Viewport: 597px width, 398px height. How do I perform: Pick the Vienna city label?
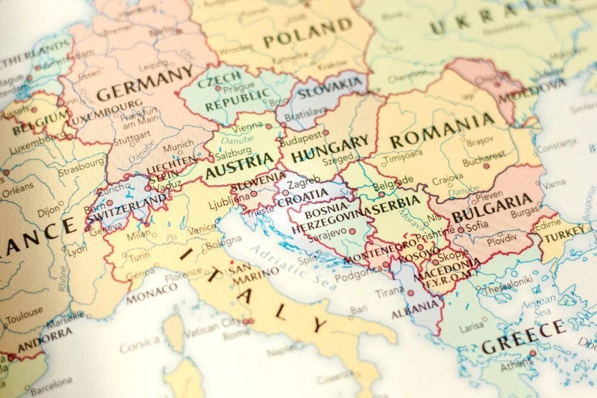pyautogui.click(x=248, y=127)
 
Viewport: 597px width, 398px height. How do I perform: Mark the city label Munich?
pyautogui.click(x=178, y=147)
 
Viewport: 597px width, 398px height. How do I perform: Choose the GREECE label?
pyautogui.click(x=523, y=338)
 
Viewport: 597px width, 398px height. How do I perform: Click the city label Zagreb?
pyautogui.click(x=303, y=181)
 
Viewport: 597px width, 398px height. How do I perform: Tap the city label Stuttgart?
pyautogui.click(x=131, y=141)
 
